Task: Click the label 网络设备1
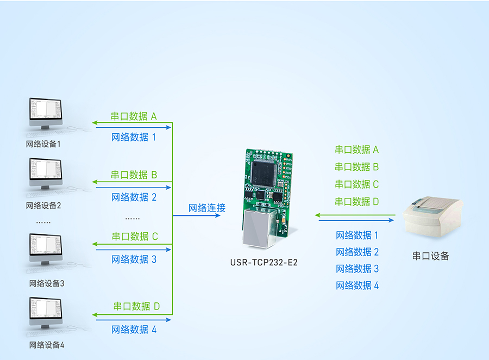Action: (x=43, y=144)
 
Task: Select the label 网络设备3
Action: (x=47, y=283)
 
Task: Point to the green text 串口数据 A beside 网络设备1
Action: (x=134, y=116)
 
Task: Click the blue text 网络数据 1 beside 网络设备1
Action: (x=134, y=137)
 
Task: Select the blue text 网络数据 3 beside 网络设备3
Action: (x=134, y=259)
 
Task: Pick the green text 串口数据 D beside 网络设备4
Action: (x=136, y=306)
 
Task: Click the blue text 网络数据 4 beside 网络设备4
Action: (x=134, y=330)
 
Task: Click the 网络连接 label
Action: (x=206, y=208)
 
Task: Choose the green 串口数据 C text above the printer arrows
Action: (x=357, y=184)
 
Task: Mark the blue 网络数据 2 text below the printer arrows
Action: (x=357, y=252)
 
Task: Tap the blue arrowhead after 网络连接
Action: (x=218, y=215)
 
